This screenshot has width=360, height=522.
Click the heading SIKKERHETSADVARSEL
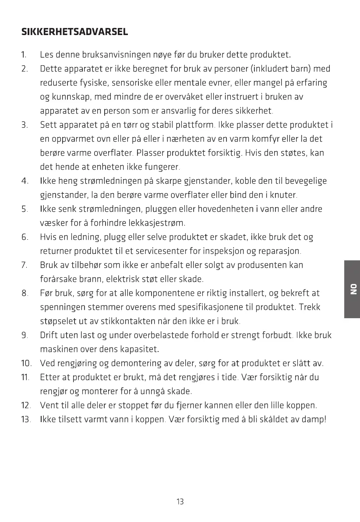(74, 32)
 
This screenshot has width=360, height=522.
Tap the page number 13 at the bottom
(180, 502)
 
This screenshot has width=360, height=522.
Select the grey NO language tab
(352, 289)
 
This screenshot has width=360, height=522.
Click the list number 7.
(24, 265)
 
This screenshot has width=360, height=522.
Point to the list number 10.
(26, 363)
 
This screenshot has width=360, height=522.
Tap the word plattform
(194, 125)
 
